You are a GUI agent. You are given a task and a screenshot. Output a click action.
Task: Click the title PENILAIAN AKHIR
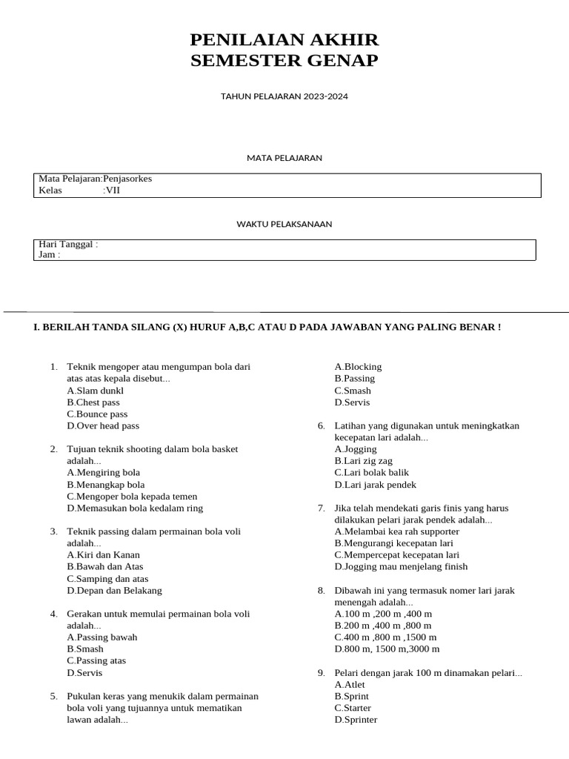(284, 39)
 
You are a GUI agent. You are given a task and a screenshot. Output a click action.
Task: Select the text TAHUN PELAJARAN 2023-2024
(284, 96)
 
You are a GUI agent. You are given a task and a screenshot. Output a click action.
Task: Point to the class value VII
(113, 190)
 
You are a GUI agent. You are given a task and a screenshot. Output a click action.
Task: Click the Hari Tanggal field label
(67, 244)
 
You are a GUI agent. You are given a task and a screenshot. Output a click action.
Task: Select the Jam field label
(49, 255)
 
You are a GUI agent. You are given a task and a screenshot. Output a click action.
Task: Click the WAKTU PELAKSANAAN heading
(284, 224)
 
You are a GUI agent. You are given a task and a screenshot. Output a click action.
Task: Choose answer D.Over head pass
(103, 426)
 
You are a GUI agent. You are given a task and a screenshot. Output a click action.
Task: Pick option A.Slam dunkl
(96, 391)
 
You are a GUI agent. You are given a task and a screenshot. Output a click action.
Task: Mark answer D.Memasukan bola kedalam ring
(135, 508)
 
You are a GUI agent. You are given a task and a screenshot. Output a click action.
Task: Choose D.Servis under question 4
(84, 673)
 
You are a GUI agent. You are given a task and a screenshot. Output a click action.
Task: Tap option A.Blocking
(358, 367)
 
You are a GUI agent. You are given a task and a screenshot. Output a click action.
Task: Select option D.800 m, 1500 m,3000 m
(387, 649)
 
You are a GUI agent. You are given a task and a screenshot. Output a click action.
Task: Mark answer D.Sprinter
(356, 720)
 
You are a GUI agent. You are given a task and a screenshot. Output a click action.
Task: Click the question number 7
(322, 508)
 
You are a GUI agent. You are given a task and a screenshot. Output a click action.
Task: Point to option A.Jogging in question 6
(357, 449)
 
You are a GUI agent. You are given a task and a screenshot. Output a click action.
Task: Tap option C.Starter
(353, 708)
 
